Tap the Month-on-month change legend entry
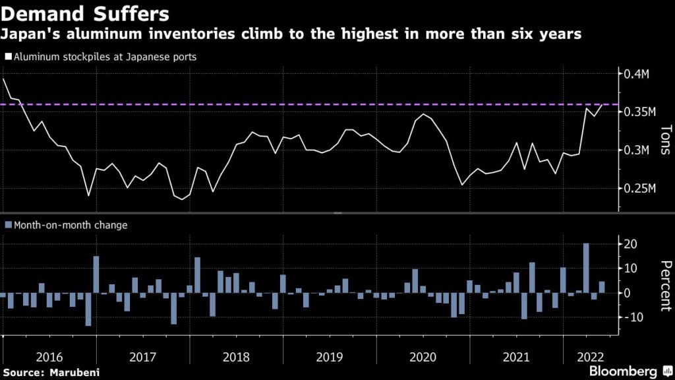click(66, 225)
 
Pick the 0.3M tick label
click(638, 150)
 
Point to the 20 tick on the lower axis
click(630, 244)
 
